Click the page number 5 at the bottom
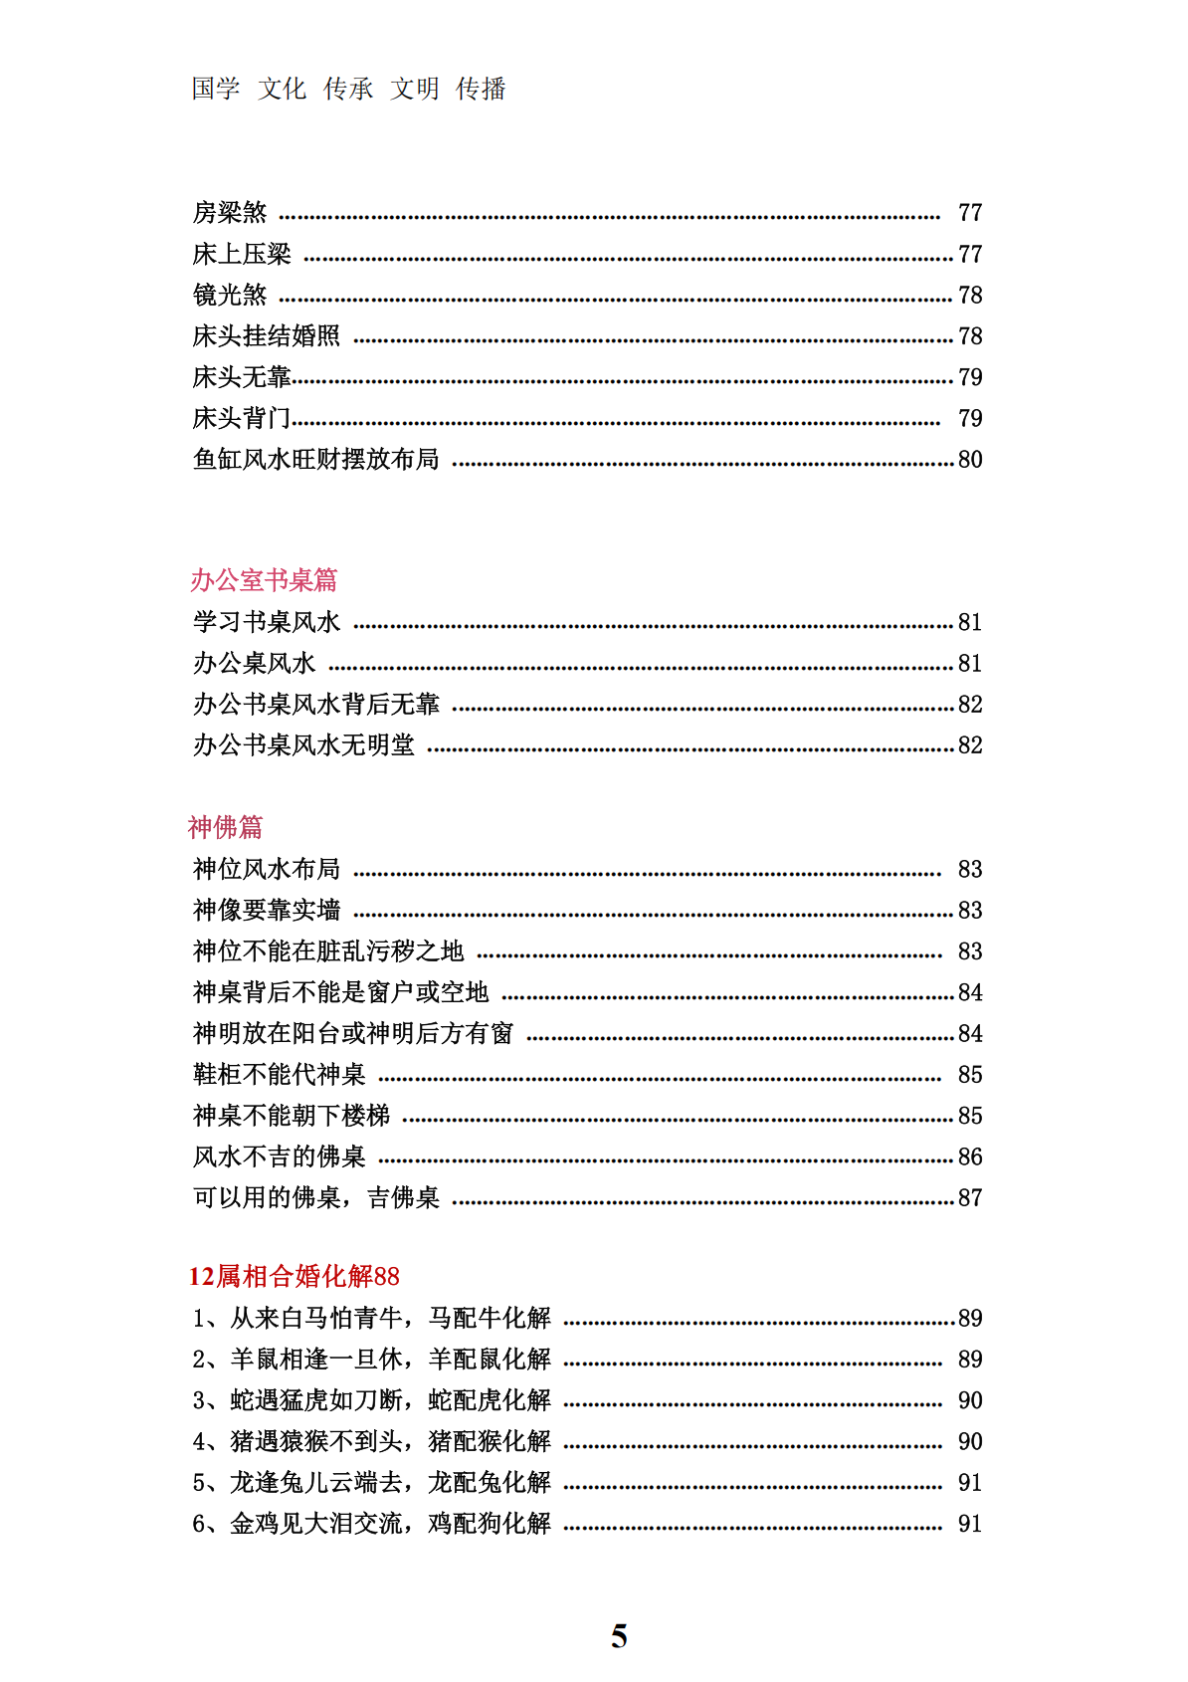619,1636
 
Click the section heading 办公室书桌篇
264,580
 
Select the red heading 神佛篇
225,827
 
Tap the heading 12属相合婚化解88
295,1276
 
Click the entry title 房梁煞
230,212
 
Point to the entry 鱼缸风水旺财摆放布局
315,459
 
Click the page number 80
970,459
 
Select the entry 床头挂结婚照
266,335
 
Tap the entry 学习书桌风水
266,622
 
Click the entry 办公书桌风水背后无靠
315,704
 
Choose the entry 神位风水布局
266,869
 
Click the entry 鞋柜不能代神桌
279,1074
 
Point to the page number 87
970,1197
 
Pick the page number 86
970,1156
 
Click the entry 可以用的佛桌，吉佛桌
315,1197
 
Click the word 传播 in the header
481,89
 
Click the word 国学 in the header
216,89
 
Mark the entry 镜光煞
230,295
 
